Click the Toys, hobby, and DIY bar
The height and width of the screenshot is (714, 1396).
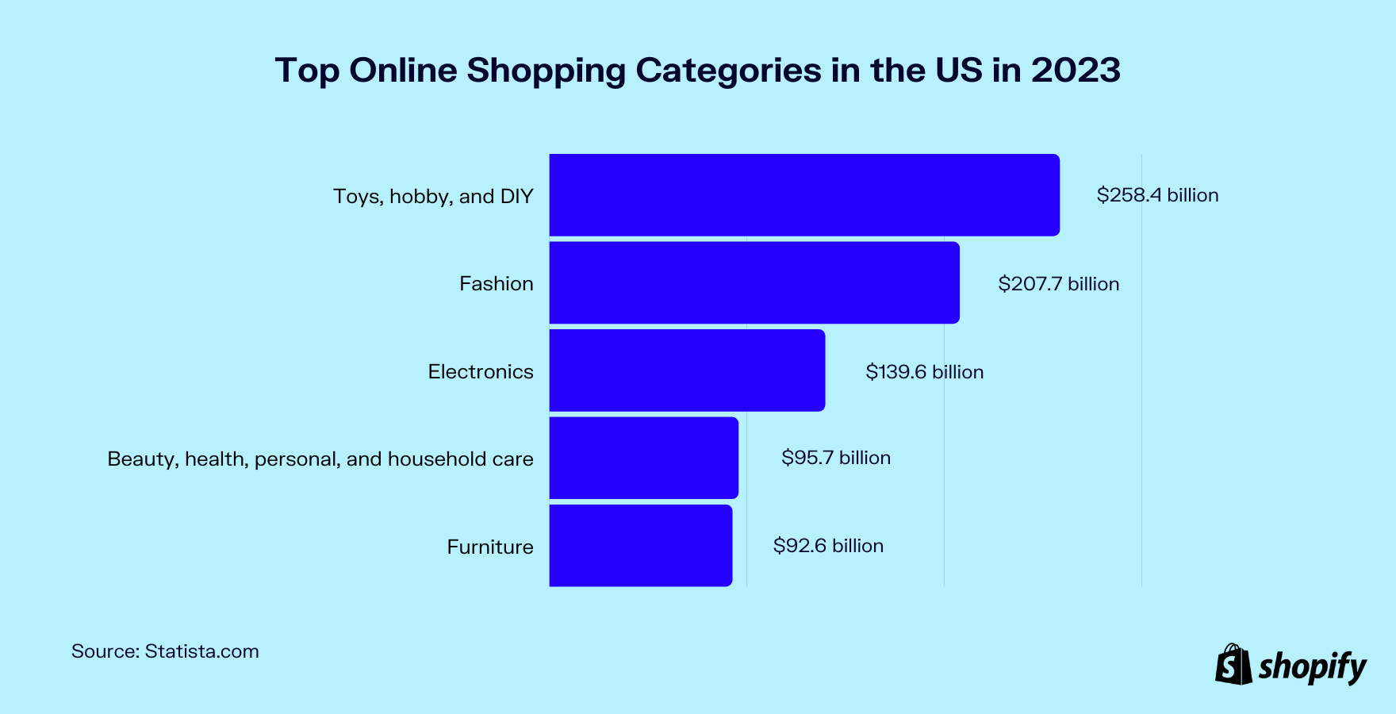pos(804,195)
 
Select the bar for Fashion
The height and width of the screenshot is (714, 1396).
pos(754,283)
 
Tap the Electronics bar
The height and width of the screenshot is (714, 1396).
pos(687,370)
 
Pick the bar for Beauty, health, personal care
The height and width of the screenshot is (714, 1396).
pos(643,458)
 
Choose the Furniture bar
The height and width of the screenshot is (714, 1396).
pos(640,546)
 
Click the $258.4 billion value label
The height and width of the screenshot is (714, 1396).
pos(1157,195)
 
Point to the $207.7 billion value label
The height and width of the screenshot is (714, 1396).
pos(1058,284)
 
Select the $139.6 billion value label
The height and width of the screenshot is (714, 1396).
pos(924,372)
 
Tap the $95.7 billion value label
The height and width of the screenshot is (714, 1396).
pos(835,458)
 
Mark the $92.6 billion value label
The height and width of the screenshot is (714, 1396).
pos(828,546)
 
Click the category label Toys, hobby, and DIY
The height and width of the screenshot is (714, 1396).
pos(433,196)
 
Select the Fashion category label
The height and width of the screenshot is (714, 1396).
pos(496,284)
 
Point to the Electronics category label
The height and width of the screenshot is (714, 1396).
pos(480,372)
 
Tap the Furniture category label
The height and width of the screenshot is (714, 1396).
pos(489,547)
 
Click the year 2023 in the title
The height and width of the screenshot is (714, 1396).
pos(1076,70)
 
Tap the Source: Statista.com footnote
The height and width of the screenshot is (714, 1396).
pos(165,651)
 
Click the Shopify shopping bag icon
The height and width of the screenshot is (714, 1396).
pos(1233,664)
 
